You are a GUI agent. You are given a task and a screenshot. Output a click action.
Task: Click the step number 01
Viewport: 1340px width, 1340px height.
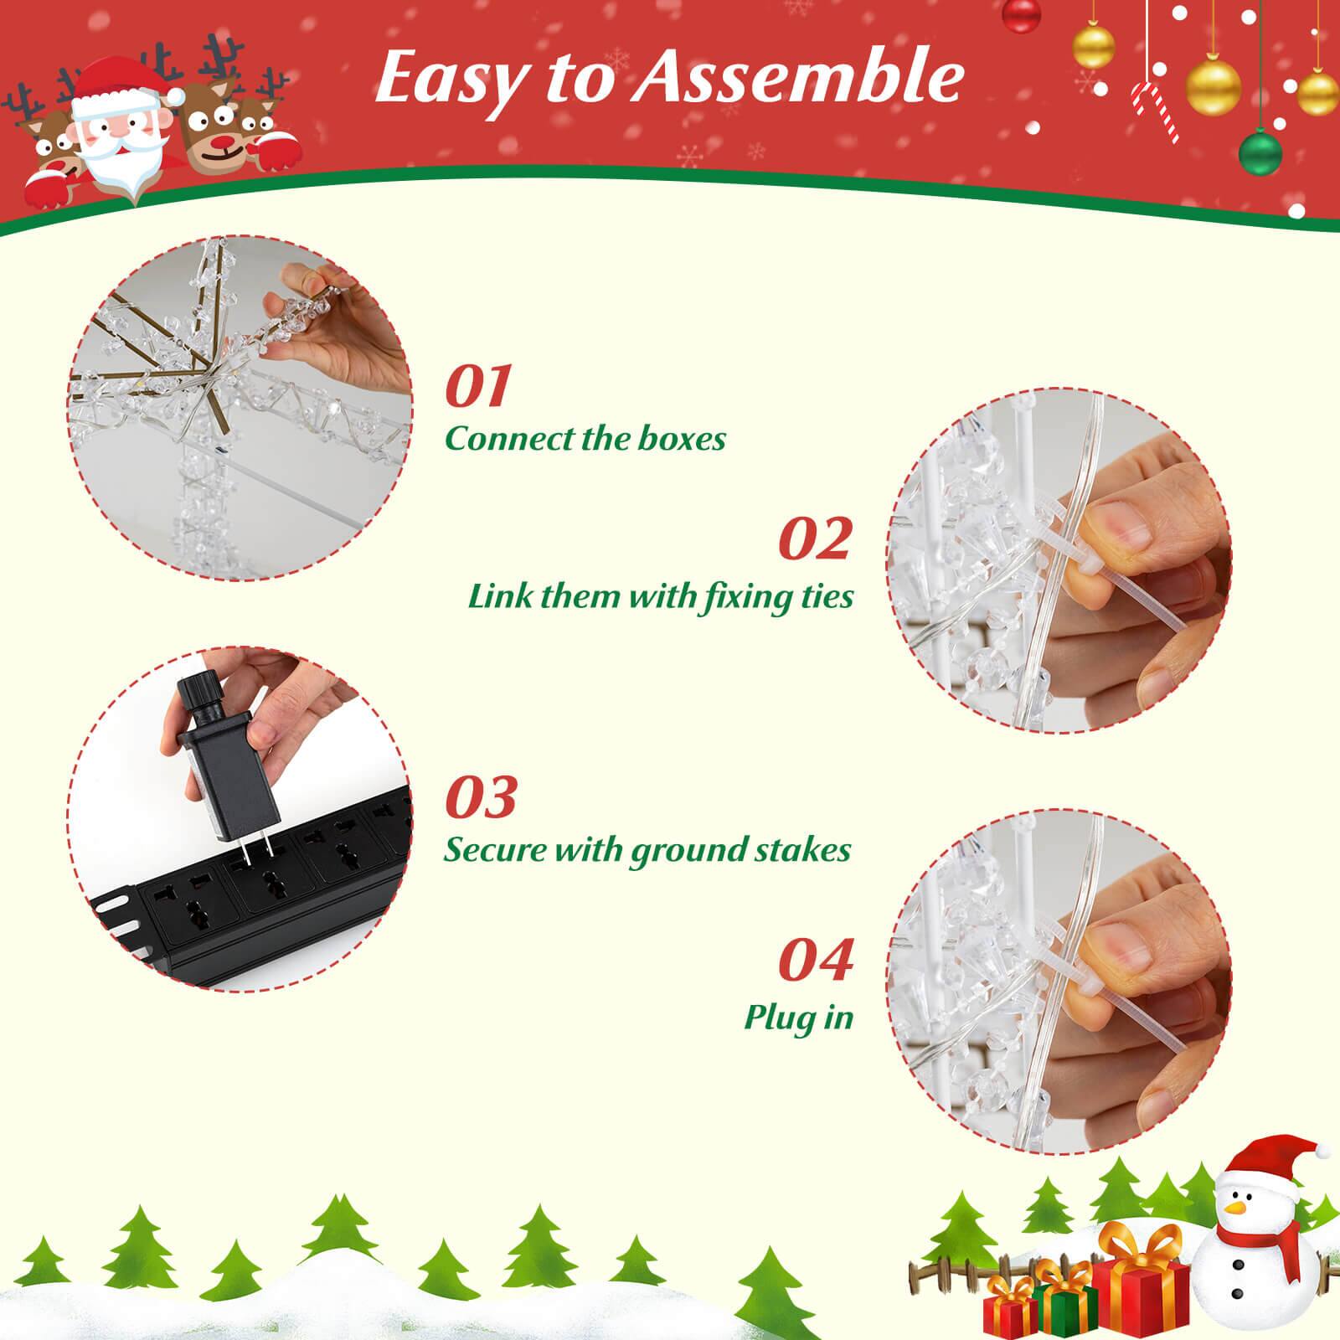pos(478,386)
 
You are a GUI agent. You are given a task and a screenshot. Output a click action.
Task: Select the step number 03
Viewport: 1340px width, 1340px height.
pos(481,796)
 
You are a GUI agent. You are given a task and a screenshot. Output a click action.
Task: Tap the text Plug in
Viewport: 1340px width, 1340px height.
pos(798,1018)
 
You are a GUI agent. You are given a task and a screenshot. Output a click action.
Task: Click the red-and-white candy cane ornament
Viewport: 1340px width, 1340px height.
pos(1155,113)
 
